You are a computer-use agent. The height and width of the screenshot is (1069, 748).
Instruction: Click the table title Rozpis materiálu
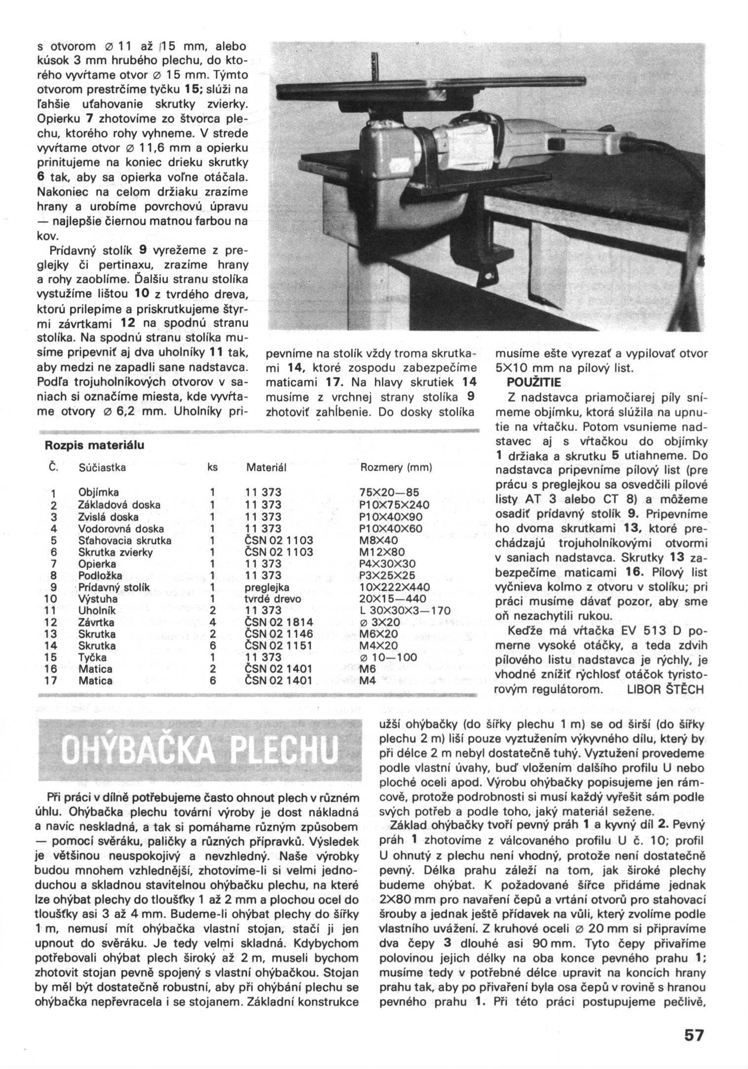click(95, 445)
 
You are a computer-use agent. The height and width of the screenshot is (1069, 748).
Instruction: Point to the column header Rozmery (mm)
click(396, 467)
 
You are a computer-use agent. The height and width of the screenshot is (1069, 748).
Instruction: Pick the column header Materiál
click(266, 467)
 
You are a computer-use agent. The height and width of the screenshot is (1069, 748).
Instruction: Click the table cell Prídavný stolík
click(114, 587)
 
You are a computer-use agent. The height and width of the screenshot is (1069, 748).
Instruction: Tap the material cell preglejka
click(267, 587)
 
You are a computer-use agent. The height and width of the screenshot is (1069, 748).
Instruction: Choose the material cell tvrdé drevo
click(273, 599)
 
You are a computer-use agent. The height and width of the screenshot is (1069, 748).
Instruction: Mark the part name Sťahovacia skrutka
click(125, 540)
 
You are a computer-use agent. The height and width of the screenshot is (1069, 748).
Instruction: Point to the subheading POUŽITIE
click(534, 382)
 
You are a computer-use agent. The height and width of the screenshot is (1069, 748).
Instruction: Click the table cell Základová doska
click(119, 505)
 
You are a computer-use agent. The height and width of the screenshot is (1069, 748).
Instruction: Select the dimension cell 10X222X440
click(395, 587)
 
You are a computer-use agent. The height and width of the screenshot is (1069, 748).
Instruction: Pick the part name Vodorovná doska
click(121, 529)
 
